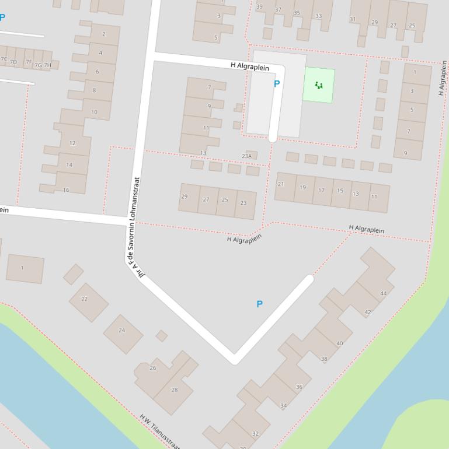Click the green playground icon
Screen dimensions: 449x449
click(319, 86)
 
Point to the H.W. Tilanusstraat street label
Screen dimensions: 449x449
click(159, 432)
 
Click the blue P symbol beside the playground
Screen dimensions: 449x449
click(277, 83)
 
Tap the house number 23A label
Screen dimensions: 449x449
click(247, 156)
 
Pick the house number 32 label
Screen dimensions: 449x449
click(255, 433)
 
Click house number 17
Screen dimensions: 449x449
click(321, 190)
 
